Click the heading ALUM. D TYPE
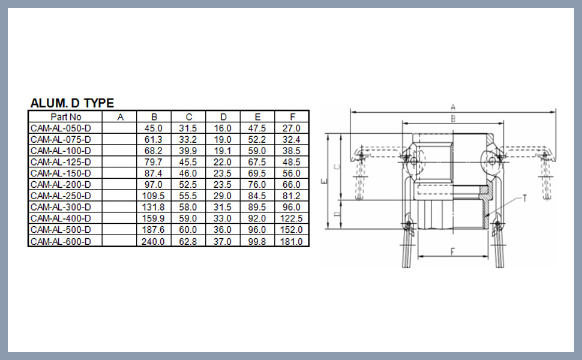(72, 103)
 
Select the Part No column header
(65, 117)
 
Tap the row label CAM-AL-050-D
(61, 128)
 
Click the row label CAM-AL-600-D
(61, 242)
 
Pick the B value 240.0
(153, 242)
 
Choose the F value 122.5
(292, 218)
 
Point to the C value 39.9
(188, 151)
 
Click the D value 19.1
(223, 151)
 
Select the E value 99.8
(257, 242)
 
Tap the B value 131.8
(153, 207)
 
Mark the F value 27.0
(292, 128)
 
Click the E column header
(257, 117)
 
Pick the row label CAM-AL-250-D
(61, 196)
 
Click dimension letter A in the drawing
(453, 107)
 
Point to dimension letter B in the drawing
(453, 119)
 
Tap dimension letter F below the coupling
(452, 252)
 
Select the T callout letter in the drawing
(525, 199)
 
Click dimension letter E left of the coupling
(324, 181)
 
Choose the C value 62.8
(188, 242)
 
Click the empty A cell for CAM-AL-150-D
(119, 173)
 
